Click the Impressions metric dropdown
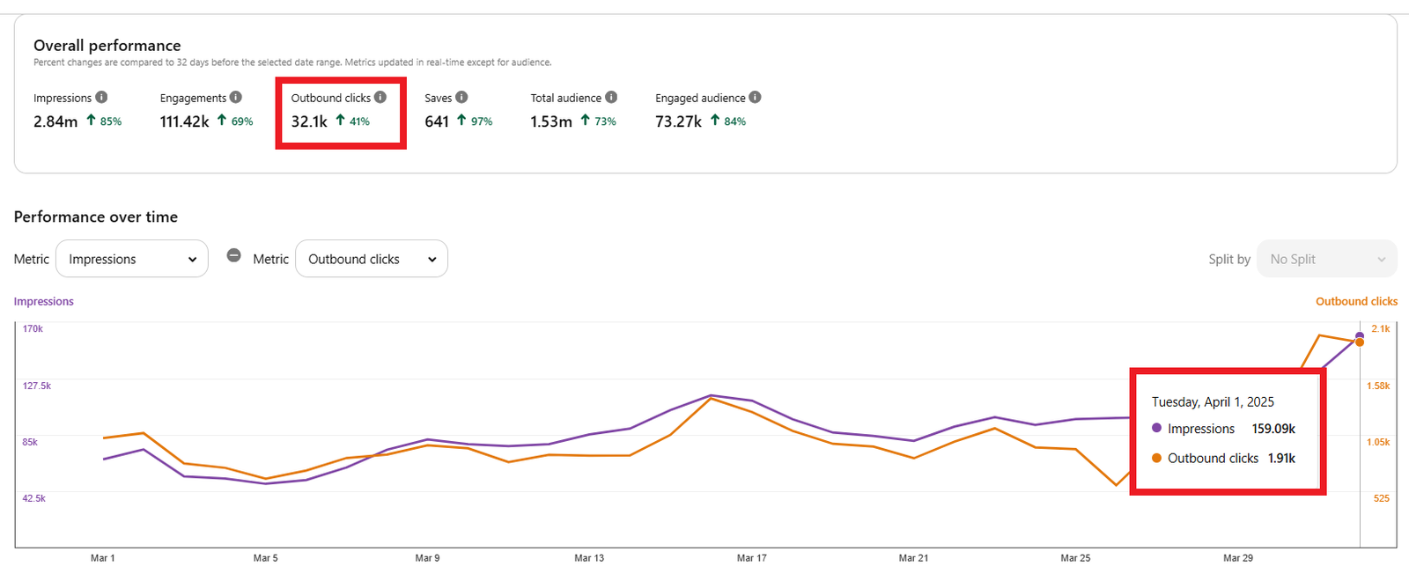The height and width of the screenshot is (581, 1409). [x=132, y=259]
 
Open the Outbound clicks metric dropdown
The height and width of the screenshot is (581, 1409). [x=371, y=259]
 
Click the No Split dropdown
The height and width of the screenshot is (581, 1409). [x=1326, y=259]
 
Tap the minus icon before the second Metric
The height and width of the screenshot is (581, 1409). [x=233, y=255]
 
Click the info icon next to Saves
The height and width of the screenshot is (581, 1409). [x=461, y=98]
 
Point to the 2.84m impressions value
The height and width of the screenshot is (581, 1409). [x=55, y=121]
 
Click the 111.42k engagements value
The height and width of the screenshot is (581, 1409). [x=184, y=121]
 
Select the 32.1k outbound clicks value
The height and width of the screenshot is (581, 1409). [x=309, y=121]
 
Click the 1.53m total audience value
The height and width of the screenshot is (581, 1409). [x=550, y=121]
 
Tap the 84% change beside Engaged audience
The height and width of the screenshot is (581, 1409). [x=734, y=121]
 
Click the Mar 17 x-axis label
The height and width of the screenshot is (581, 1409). [x=751, y=558]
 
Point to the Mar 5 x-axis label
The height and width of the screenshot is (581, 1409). [x=265, y=558]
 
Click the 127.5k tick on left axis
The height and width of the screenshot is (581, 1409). [x=37, y=386]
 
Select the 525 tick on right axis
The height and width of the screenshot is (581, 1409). [x=1381, y=498]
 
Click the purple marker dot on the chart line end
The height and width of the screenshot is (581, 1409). [x=1360, y=335]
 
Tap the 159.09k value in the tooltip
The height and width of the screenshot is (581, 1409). [x=1273, y=429]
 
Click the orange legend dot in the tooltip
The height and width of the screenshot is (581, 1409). [x=1156, y=458]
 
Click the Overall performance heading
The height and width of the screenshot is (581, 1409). [x=107, y=46]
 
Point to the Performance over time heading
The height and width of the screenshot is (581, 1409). [x=96, y=217]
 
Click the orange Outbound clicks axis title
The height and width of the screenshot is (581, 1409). [x=1356, y=301]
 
